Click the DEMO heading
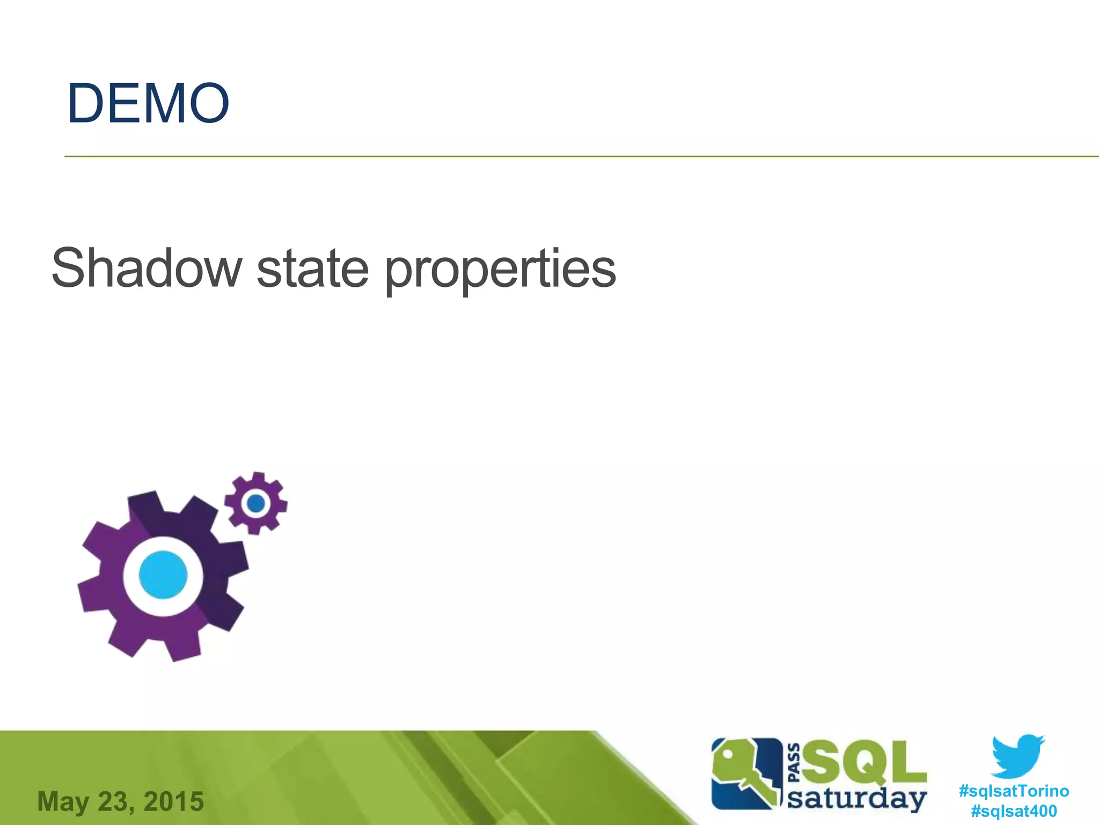148,104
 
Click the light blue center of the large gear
163,575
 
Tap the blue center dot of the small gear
256,503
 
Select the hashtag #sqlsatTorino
1014,791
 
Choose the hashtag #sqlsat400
1014,810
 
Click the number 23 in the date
113,801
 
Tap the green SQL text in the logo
864,762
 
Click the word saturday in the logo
857,799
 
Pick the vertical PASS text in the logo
795,763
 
